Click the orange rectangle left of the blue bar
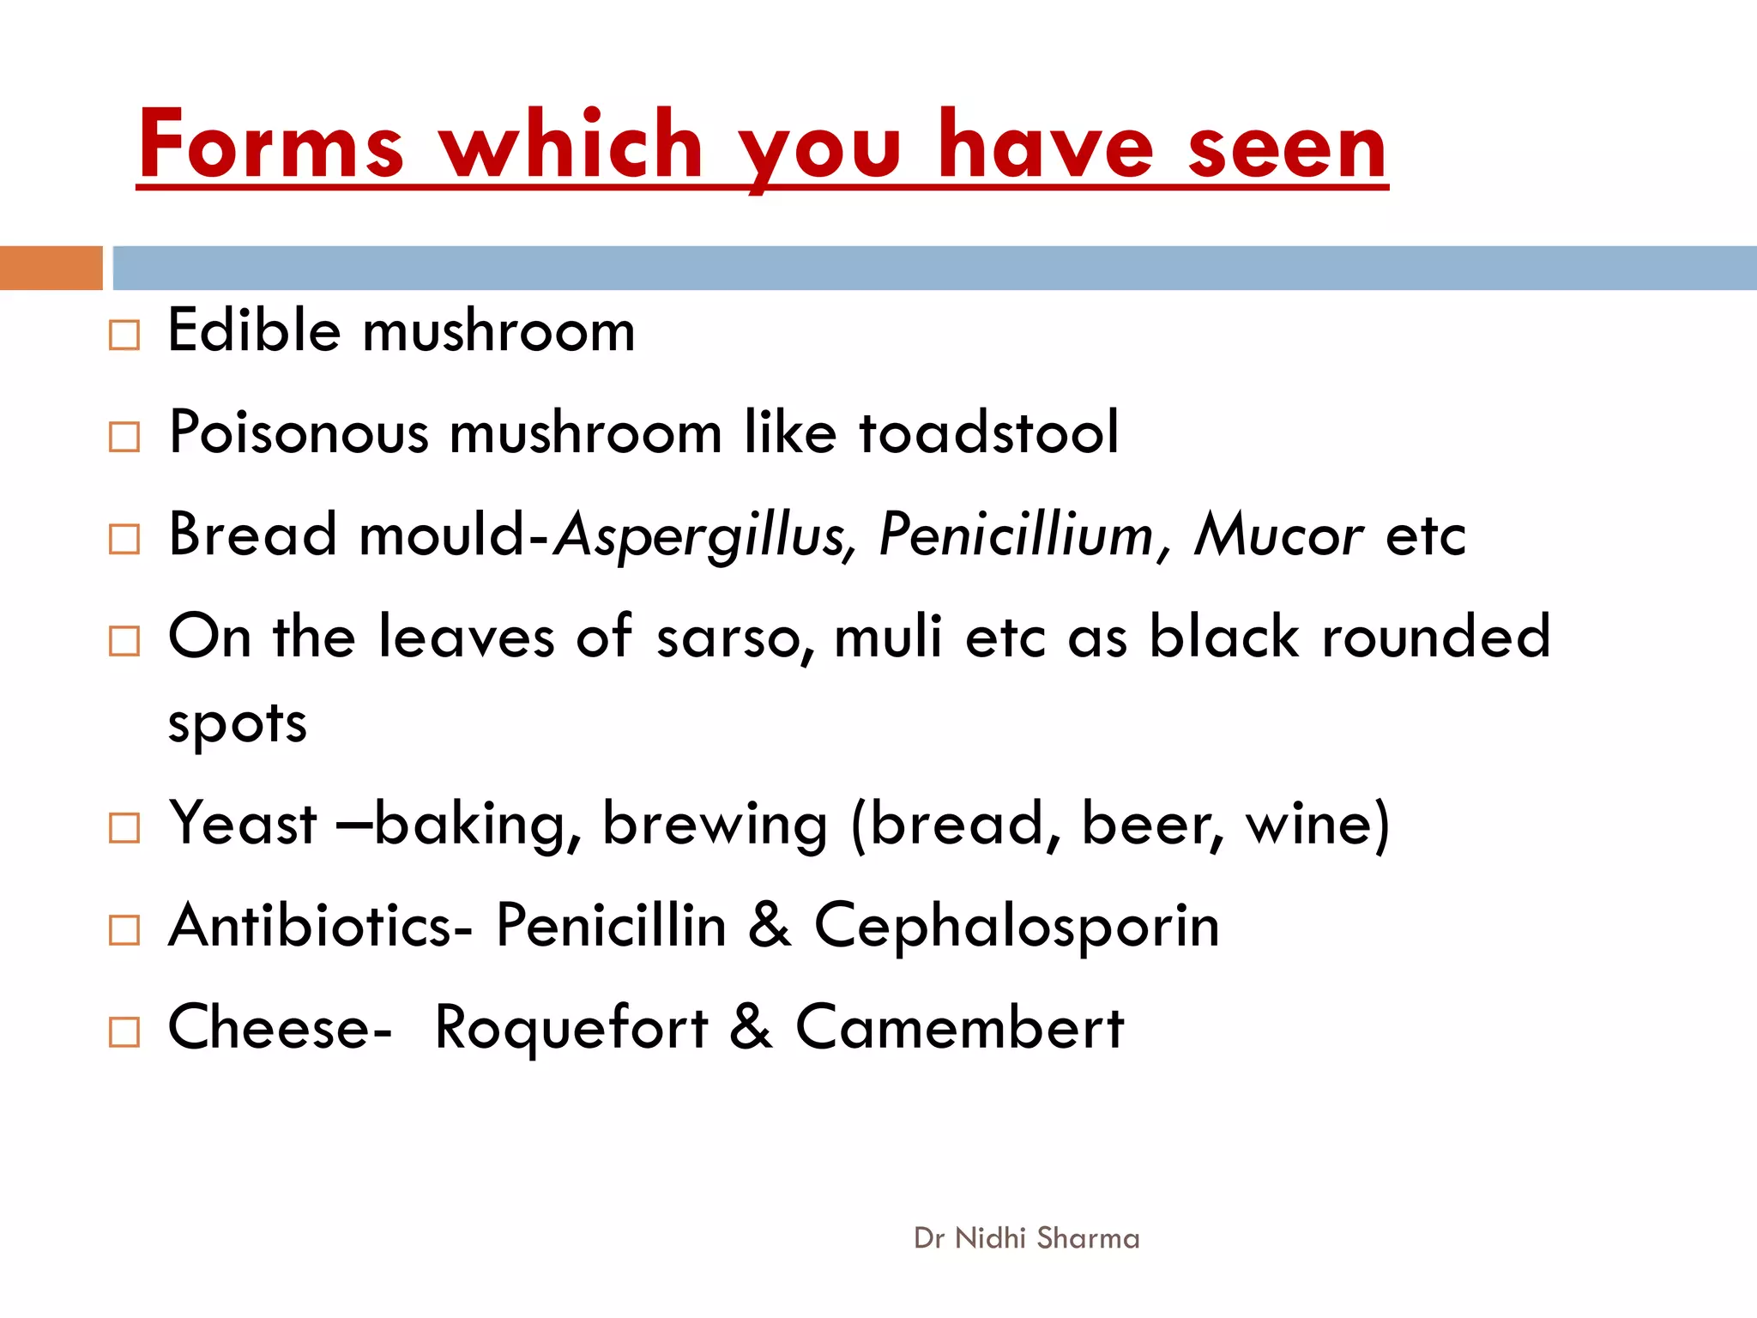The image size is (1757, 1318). [x=51, y=268]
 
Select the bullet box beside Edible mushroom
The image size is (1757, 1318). [x=124, y=335]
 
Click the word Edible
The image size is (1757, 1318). [x=254, y=330]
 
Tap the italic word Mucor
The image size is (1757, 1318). [x=1278, y=535]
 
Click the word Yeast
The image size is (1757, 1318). [x=243, y=824]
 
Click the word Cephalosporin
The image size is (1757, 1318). [x=1017, y=928]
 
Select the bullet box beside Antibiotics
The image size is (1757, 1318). [x=124, y=929]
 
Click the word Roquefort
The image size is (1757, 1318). [x=571, y=1027]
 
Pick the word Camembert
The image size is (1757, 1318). [x=959, y=1027]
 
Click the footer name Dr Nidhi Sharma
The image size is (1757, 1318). [x=1027, y=1238]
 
